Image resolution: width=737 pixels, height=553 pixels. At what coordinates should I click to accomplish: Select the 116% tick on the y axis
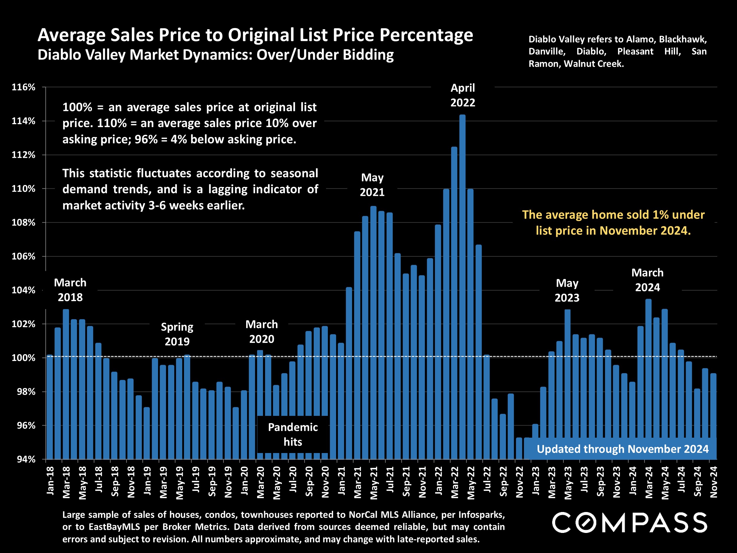(23, 87)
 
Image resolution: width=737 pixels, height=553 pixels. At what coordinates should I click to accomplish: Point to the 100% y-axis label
(23, 358)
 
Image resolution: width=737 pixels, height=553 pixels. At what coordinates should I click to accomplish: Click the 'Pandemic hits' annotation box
(293, 434)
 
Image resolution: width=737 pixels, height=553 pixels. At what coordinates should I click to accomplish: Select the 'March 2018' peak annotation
(70, 290)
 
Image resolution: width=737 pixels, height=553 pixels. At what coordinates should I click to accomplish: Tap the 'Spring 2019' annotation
(177, 334)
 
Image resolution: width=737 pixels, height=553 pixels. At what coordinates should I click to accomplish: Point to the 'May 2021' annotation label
(372, 185)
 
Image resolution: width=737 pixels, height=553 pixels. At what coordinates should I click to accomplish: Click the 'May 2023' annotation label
(567, 290)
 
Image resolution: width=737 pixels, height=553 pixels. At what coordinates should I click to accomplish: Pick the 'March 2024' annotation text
(647, 280)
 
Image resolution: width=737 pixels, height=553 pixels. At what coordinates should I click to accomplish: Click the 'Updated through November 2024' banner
(622, 449)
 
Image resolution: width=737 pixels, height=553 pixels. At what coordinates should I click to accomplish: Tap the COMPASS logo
(629, 522)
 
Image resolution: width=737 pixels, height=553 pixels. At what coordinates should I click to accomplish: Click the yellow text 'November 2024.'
(645, 231)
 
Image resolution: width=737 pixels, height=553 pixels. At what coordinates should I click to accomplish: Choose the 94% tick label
(26, 459)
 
